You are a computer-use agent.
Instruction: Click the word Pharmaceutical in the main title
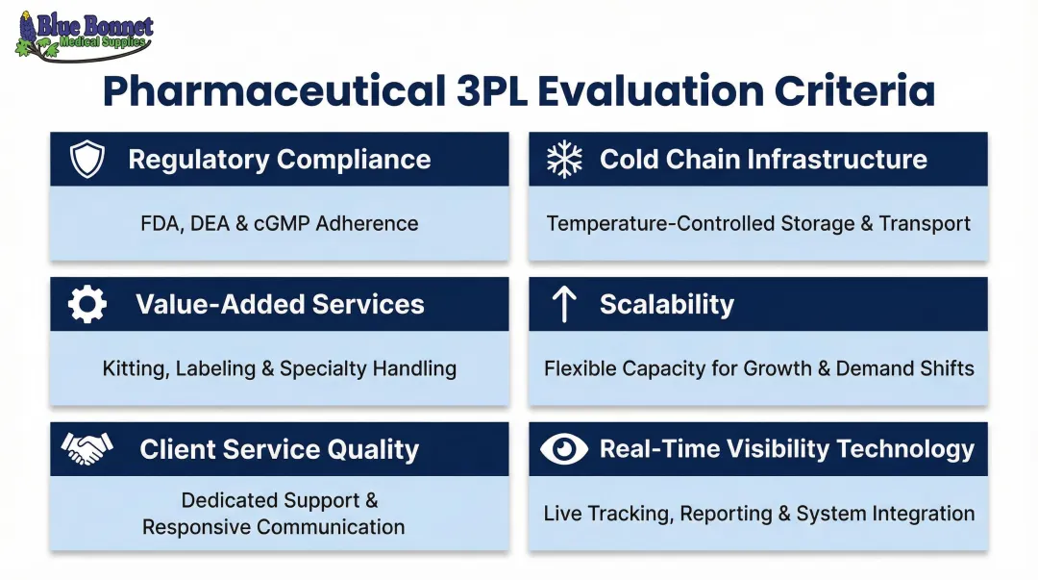[x=269, y=92]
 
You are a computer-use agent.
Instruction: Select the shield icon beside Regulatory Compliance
[x=87, y=160]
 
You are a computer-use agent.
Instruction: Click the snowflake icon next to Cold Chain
[x=564, y=160]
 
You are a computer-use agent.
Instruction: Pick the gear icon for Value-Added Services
[x=87, y=305]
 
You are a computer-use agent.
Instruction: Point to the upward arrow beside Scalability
[x=564, y=305]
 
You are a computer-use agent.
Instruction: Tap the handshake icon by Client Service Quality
[x=87, y=449]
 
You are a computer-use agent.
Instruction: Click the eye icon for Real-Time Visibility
[x=564, y=449]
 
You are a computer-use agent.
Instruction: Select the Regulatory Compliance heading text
[x=280, y=160]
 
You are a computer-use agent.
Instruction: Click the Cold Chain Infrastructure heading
[x=763, y=160]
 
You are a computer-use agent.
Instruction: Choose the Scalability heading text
[x=667, y=305]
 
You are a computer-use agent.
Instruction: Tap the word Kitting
[x=134, y=368]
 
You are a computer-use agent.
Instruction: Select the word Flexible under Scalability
[x=580, y=368]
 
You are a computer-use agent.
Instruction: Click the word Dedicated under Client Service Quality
[x=227, y=501]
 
